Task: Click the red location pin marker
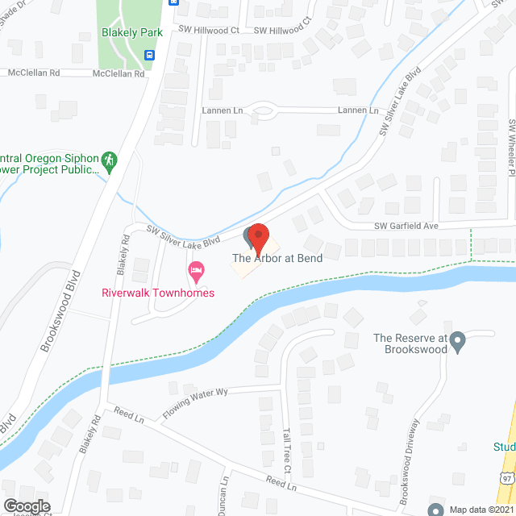258,237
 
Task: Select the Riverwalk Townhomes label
158,293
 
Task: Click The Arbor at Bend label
277,259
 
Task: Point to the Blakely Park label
132,32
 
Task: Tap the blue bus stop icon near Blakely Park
149,55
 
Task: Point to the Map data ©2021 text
481,509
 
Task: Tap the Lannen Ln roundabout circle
263,111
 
